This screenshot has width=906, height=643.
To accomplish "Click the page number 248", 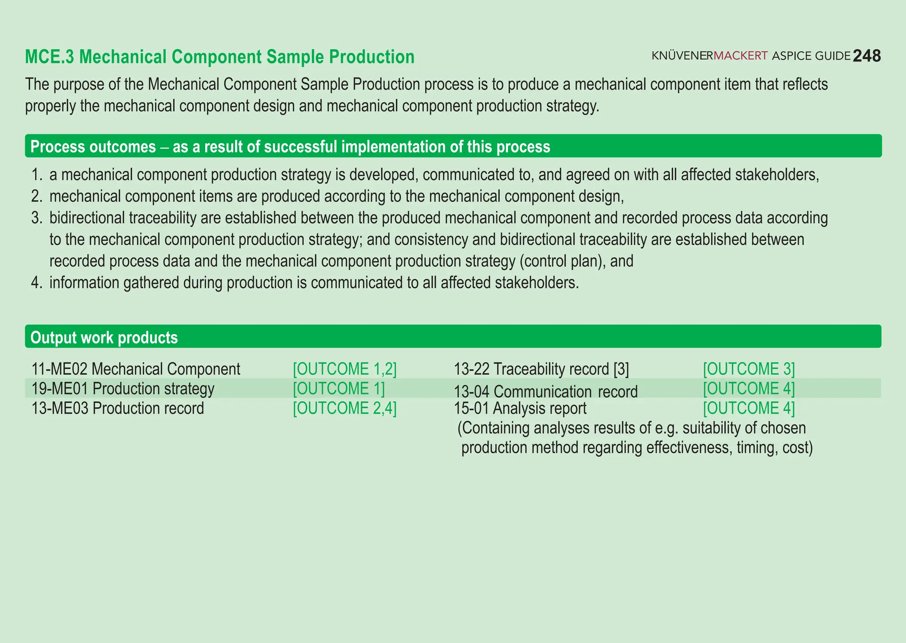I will (x=867, y=56).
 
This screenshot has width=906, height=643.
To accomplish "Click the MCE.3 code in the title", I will (x=50, y=57).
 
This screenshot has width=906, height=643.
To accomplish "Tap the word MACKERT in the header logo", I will (x=741, y=56).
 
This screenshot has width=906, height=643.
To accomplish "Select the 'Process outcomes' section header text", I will (x=93, y=146).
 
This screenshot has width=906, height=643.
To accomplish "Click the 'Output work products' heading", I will (x=104, y=338).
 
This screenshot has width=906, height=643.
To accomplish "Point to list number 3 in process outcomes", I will (x=37, y=218).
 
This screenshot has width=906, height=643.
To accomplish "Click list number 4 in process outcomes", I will (x=37, y=283).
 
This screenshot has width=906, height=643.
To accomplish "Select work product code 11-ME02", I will (x=59, y=369).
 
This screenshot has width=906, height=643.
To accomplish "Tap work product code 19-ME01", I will (x=60, y=389).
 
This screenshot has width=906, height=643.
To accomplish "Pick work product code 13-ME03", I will (x=60, y=408).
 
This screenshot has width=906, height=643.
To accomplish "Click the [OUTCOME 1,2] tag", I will (x=345, y=369).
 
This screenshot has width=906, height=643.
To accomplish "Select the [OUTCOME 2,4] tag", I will (x=345, y=408).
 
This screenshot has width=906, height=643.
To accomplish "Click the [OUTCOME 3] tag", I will (x=749, y=369).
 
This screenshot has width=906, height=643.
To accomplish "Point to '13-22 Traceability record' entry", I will (x=541, y=369).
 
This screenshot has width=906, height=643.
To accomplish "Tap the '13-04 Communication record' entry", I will (x=546, y=392).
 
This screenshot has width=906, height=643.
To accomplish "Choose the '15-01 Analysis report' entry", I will (x=520, y=408).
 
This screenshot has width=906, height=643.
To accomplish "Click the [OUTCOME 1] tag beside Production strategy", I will (x=338, y=389).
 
